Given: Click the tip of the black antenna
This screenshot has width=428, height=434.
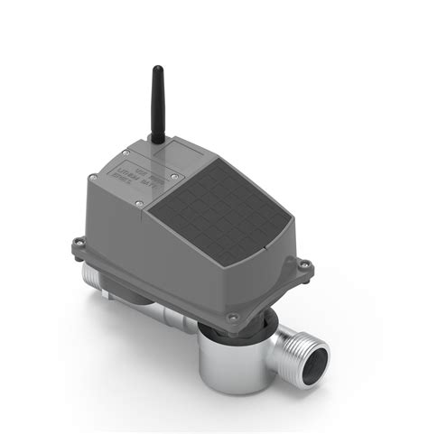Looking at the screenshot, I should (157, 69).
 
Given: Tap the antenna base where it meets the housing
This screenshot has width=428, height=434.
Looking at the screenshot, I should (158, 140).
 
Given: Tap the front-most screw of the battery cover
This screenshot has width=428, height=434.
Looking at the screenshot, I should (138, 204).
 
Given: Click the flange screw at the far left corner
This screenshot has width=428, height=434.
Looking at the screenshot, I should (78, 241).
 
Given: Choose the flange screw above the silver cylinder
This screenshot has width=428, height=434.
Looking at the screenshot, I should (234, 317).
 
